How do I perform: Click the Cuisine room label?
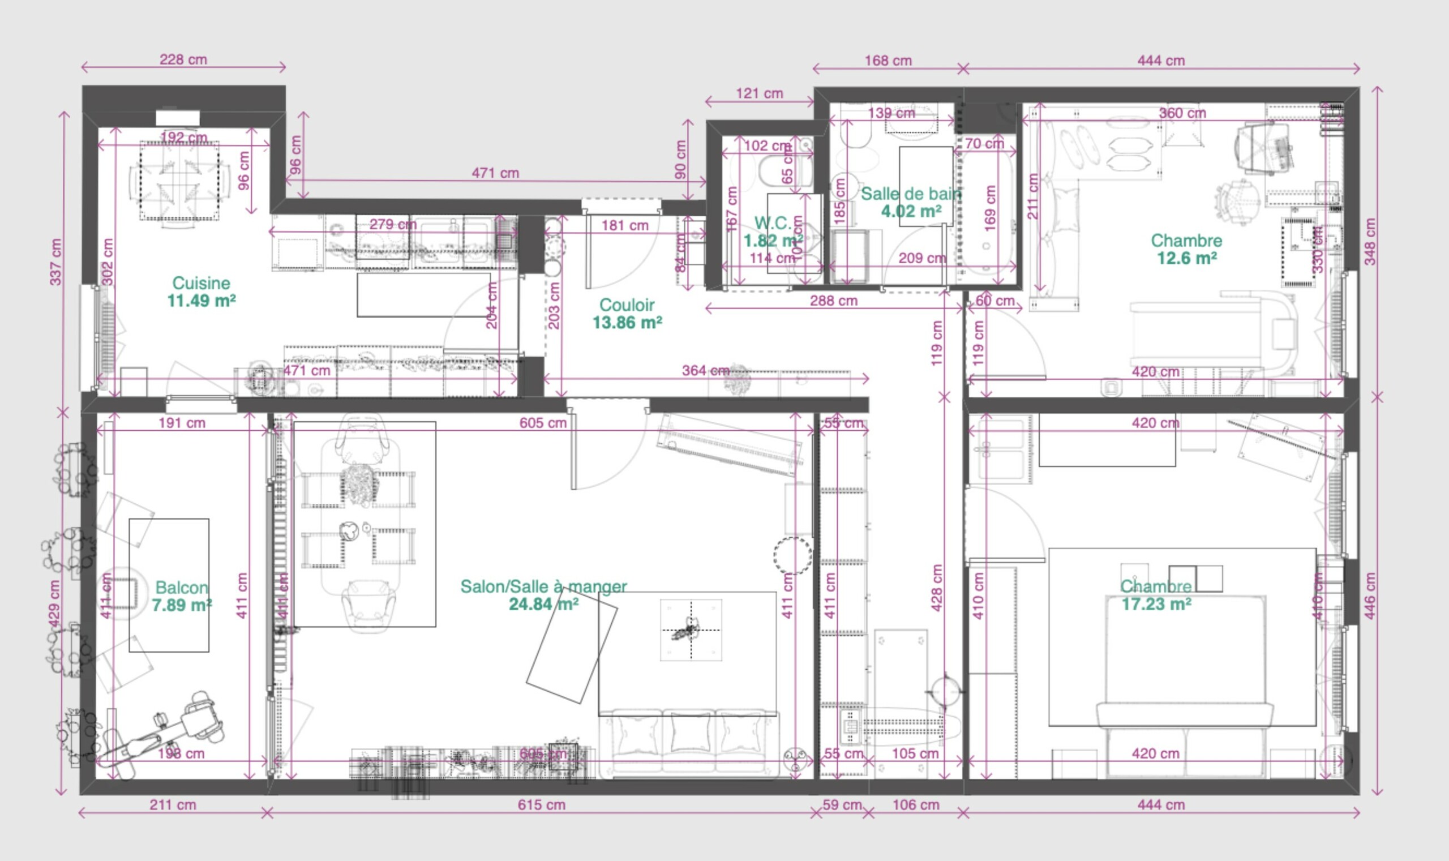[x=201, y=284]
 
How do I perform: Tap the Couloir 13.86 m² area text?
[x=627, y=322]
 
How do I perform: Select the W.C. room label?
[x=773, y=224]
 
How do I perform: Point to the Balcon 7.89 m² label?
[x=182, y=588]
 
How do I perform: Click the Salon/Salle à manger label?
[x=543, y=586]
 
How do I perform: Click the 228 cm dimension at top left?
[x=183, y=60]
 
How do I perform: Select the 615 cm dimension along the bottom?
[x=541, y=805]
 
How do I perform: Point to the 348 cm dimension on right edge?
[x=1370, y=242]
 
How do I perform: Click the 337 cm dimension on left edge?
[x=55, y=262]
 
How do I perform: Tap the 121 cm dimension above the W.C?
[x=758, y=93]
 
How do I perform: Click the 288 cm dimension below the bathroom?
[x=833, y=301]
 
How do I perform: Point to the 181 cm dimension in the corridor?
[x=624, y=226]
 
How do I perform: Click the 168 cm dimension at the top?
[x=888, y=61]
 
